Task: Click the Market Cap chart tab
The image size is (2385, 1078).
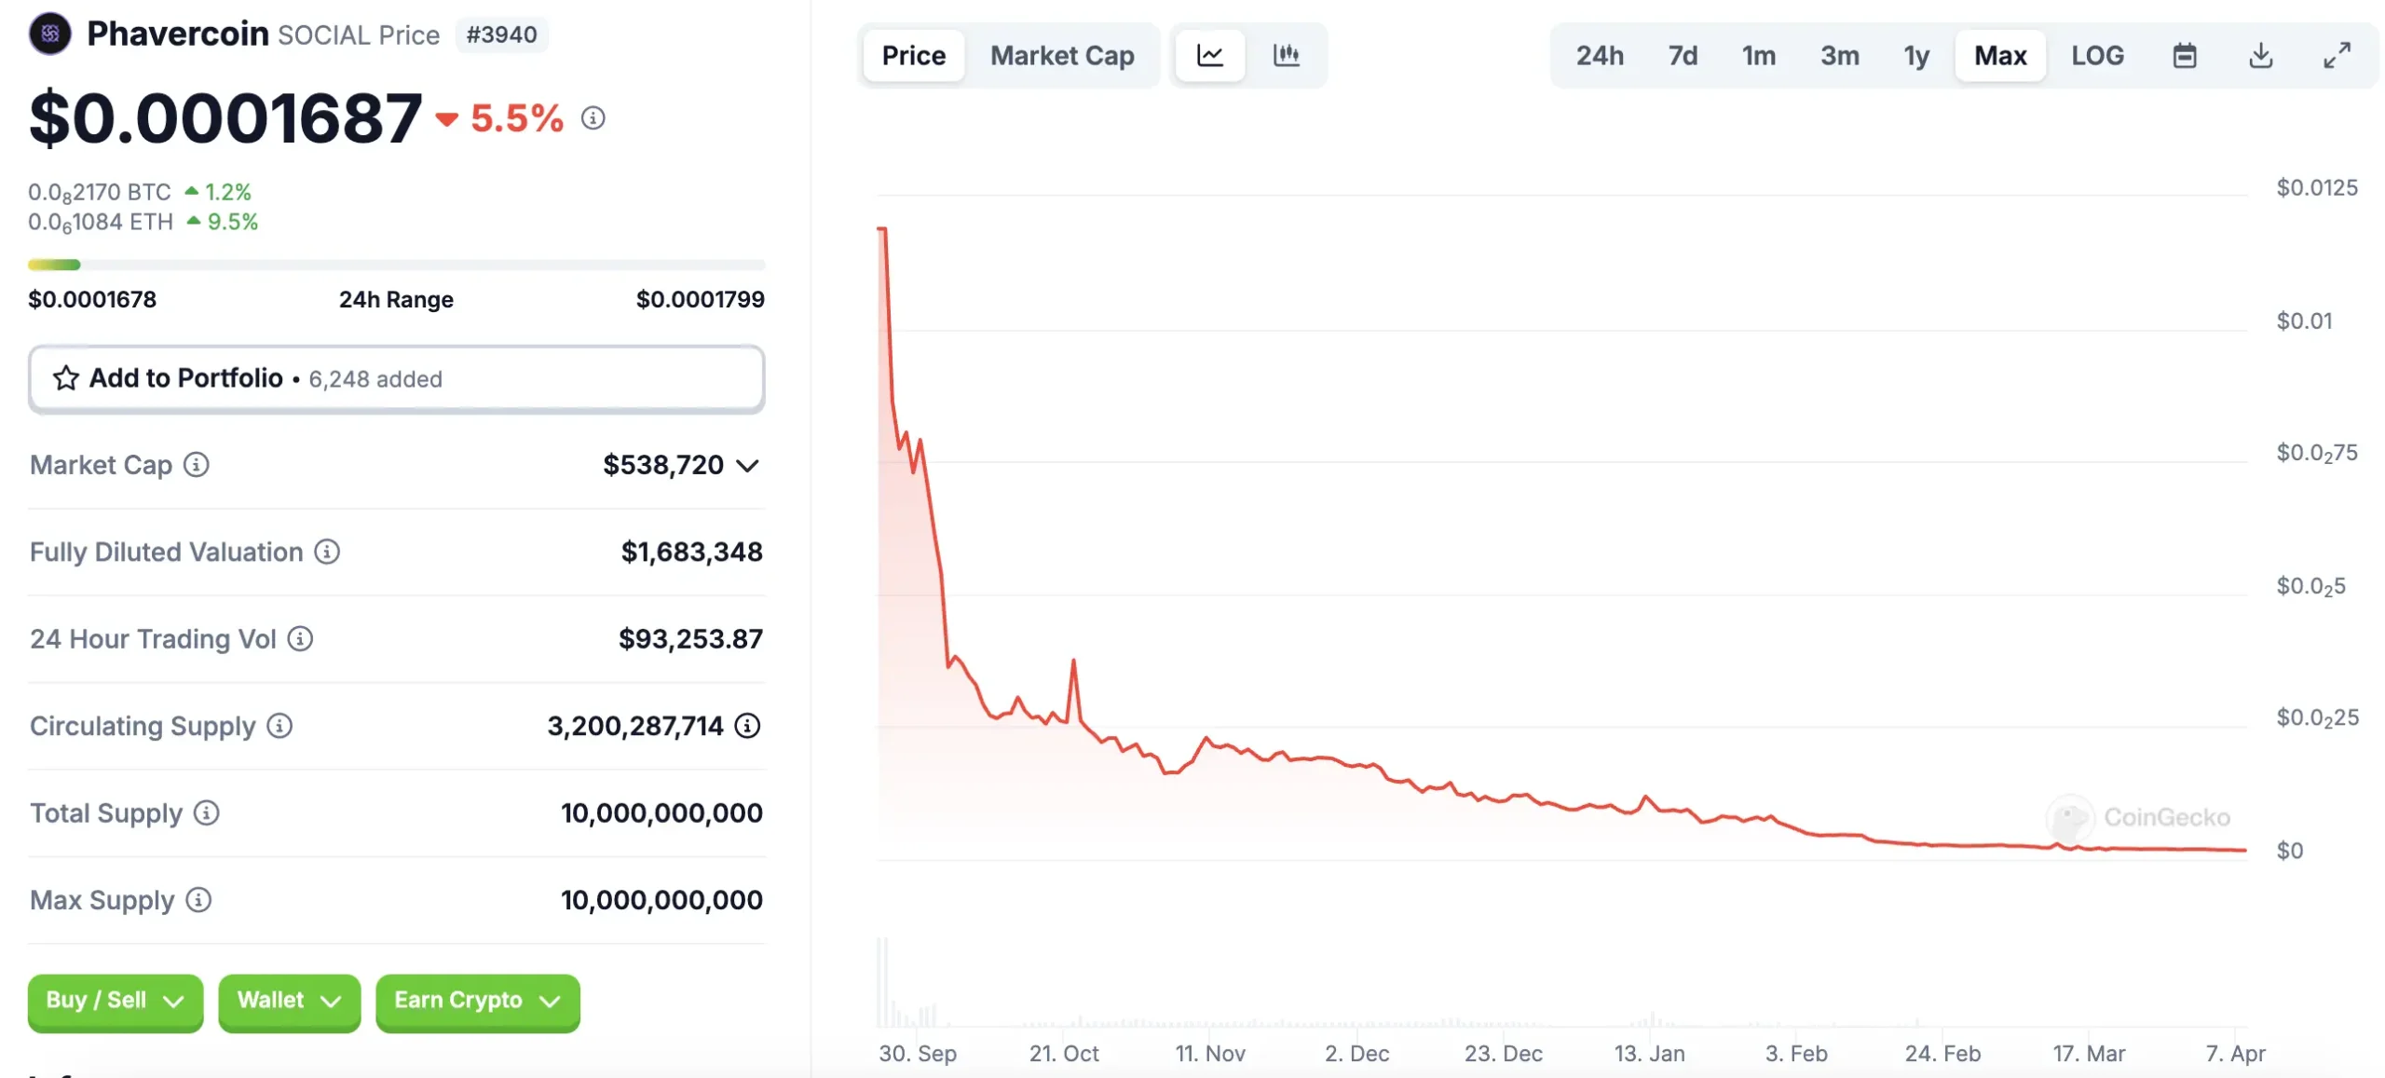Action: [1061, 56]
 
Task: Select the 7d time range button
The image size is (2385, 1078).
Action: [1682, 56]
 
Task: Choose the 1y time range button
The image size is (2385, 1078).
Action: [1915, 56]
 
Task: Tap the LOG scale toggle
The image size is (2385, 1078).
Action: [2096, 56]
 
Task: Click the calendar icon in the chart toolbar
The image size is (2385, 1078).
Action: [2184, 56]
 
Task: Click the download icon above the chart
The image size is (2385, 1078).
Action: [2259, 56]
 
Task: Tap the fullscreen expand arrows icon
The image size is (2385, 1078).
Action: [2336, 56]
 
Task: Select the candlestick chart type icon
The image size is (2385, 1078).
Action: [1286, 56]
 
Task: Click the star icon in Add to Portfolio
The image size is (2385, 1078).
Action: [65, 378]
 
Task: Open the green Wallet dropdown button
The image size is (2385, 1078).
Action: [289, 1001]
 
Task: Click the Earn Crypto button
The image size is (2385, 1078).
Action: [477, 1001]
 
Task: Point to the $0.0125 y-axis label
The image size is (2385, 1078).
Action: [2316, 188]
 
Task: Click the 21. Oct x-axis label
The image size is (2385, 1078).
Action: [1063, 1054]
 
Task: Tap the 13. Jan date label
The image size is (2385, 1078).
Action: [1649, 1054]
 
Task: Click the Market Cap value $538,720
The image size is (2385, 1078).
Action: [662, 465]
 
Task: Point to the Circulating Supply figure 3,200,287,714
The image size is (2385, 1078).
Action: [634, 726]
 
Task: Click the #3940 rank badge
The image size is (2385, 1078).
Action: [501, 35]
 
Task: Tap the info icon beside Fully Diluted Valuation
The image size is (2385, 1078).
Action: [327, 552]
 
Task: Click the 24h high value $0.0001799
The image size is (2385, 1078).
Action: [700, 299]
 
